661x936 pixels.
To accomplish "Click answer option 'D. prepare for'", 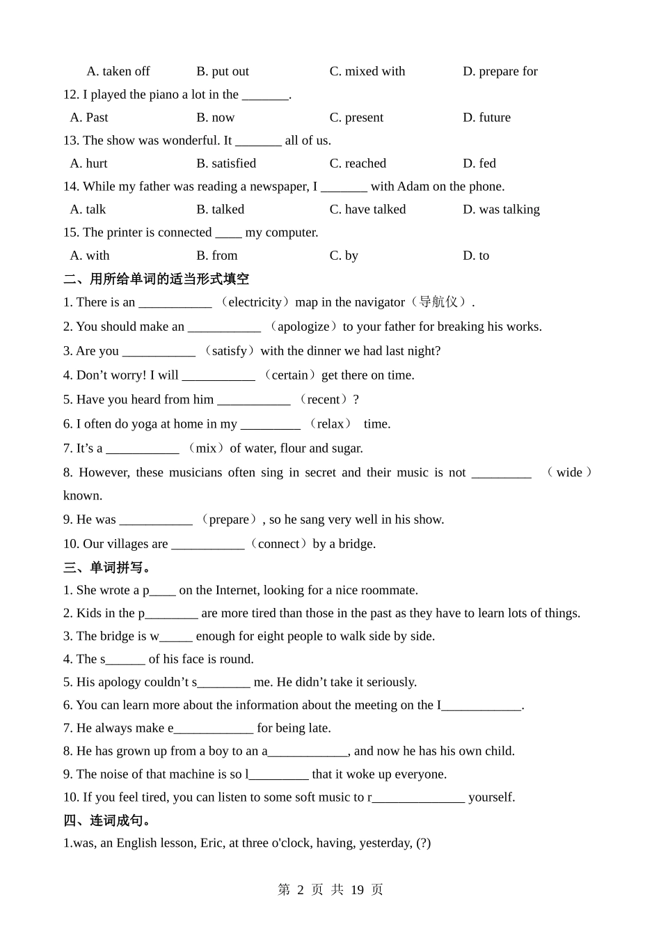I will pyautogui.click(x=500, y=71).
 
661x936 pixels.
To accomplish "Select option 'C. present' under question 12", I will pyautogui.click(x=356, y=117).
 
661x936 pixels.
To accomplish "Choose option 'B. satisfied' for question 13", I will pyautogui.click(x=226, y=163).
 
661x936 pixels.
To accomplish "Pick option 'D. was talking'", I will pyautogui.click(x=501, y=209).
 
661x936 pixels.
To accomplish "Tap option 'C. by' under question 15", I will pyautogui.click(x=344, y=256).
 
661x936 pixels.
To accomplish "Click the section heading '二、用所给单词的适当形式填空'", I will pyautogui.click(x=156, y=279).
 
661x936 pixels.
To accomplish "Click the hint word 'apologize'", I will pyautogui.click(x=303, y=327).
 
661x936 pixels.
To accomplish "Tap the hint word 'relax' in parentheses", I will pyautogui.click(x=330, y=424).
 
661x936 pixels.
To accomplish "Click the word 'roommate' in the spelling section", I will pyautogui.click(x=390, y=591).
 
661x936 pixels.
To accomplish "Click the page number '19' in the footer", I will pyautogui.click(x=357, y=889).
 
